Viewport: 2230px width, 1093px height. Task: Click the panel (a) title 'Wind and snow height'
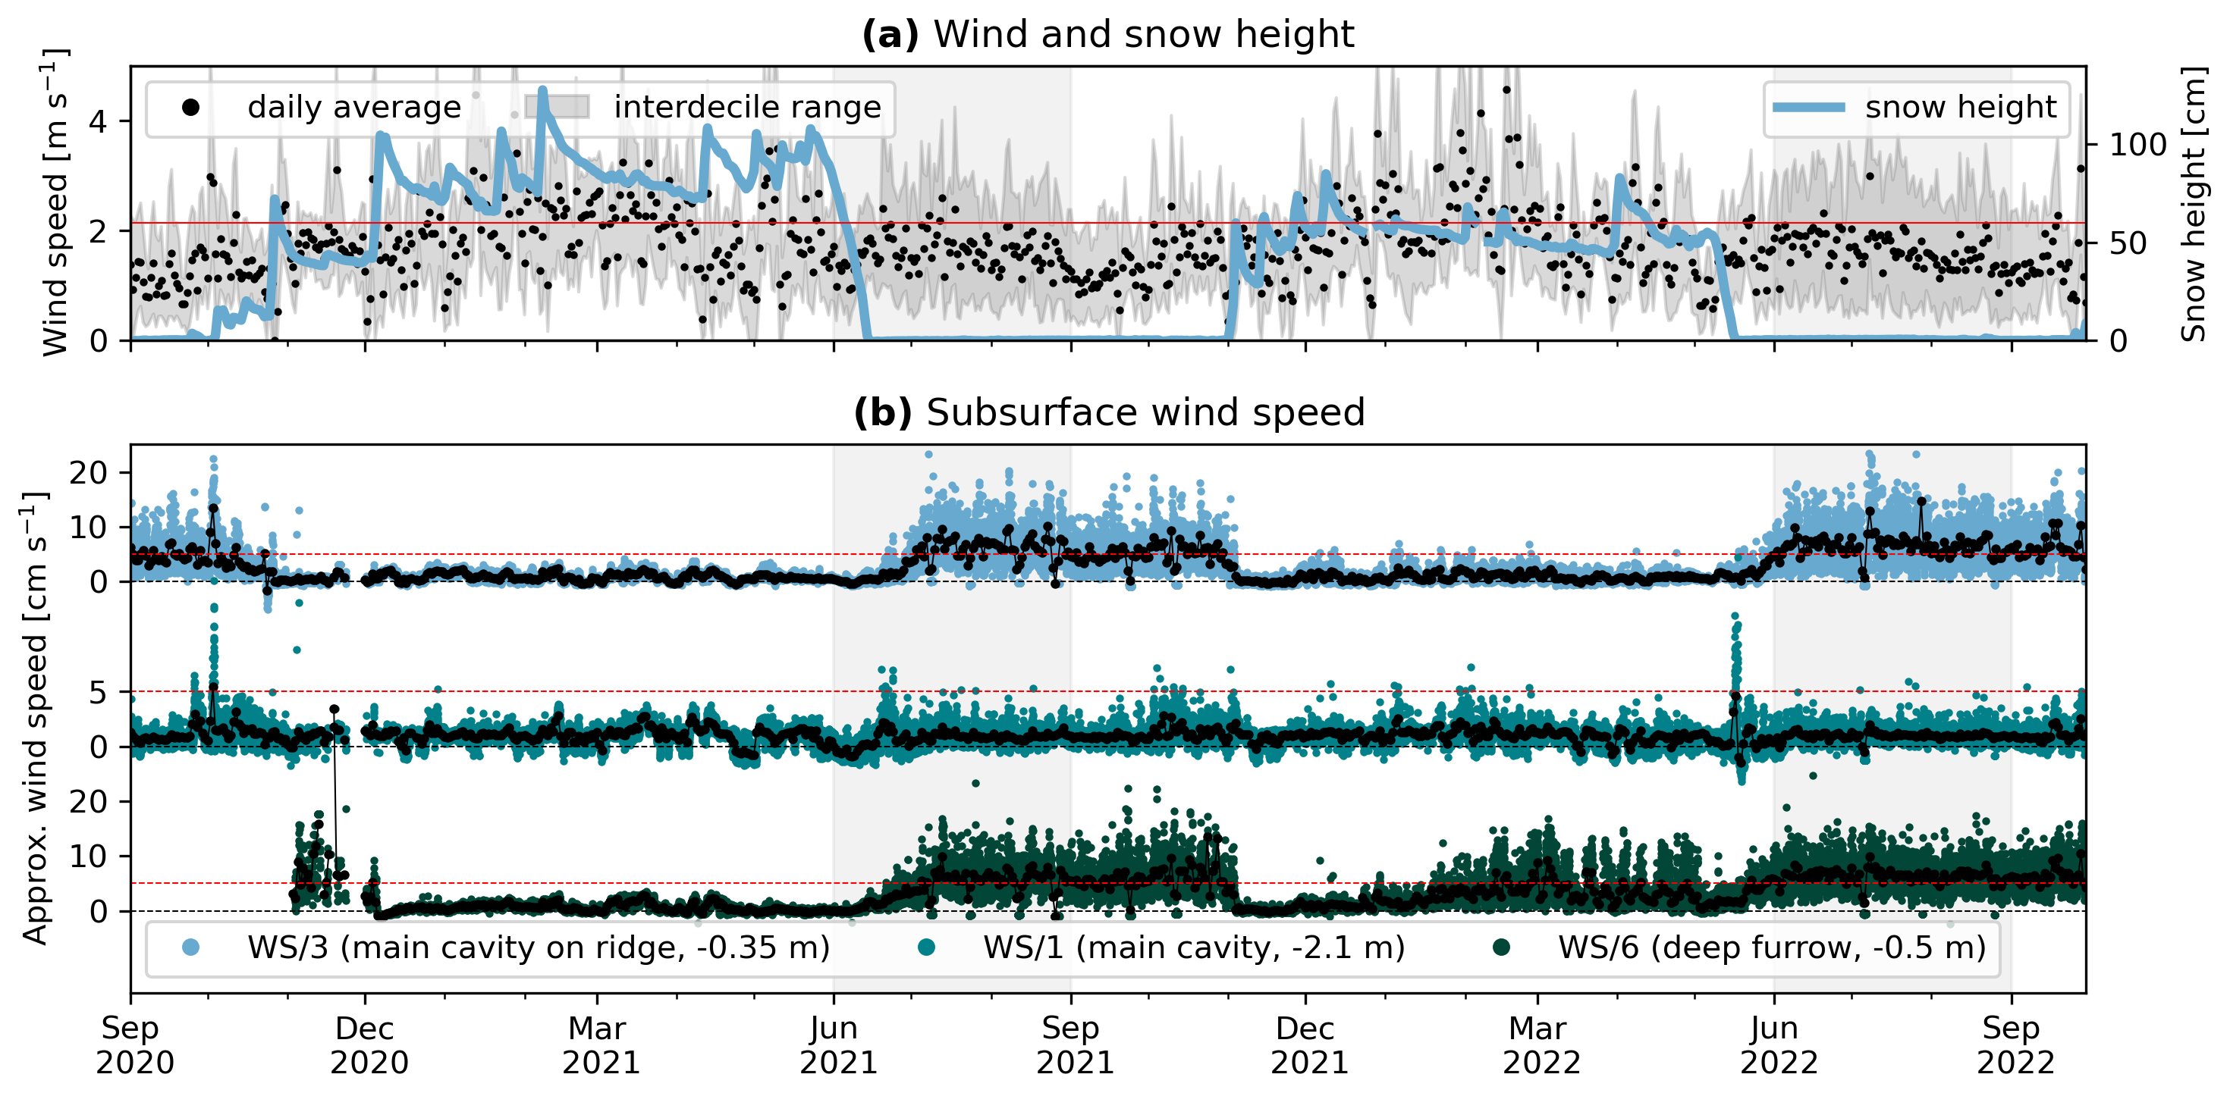point(1107,35)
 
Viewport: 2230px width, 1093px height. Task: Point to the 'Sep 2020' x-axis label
point(133,1044)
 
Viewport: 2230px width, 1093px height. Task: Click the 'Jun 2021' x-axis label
point(836,1044)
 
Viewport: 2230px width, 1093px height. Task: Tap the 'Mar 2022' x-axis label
point(1539,1044)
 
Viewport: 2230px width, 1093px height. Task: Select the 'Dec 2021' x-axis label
point(1307,1044)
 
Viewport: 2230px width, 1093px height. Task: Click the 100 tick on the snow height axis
point(2137,145)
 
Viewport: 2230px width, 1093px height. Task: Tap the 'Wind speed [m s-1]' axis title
point(55,203)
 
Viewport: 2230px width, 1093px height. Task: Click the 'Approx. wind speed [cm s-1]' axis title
point(35,719)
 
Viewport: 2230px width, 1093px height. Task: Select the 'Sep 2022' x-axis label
point(2014,1044)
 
